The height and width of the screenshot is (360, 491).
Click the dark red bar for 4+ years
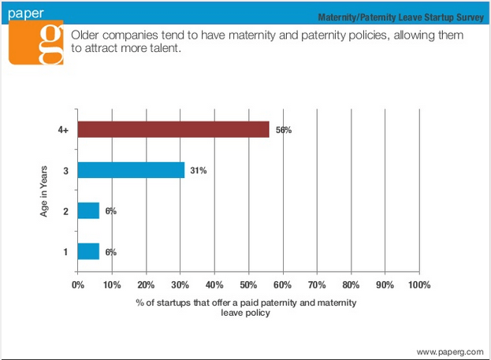point(173,130)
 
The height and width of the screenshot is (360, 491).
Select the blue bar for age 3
point(131,170)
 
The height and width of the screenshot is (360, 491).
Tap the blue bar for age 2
point(88,210)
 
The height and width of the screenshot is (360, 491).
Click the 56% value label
point(283,130)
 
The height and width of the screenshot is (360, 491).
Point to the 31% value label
point(198,170)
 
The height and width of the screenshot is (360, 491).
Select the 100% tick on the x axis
point(419,284)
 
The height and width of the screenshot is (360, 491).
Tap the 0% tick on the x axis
point(78,284)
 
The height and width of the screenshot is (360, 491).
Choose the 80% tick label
point(351,284)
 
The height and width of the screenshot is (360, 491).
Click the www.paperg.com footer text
point(448,351)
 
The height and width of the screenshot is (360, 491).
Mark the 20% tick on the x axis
point(147,284)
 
